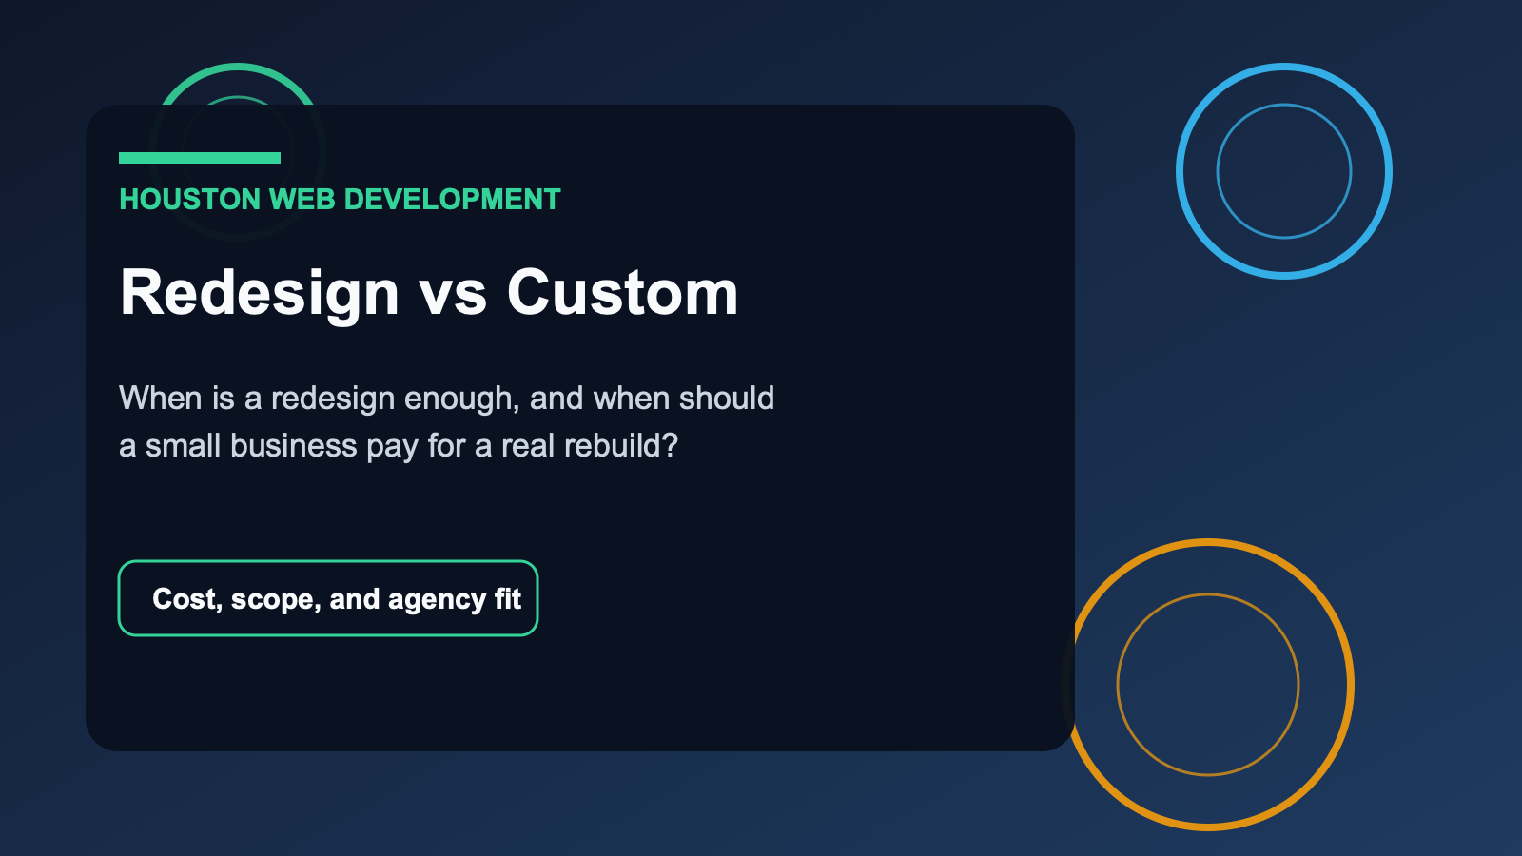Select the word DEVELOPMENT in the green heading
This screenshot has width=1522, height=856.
pos(453,200)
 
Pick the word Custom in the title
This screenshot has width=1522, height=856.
pos(622,293)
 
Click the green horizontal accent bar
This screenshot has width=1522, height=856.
pos(200,158)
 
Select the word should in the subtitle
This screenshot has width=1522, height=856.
pos(727,398)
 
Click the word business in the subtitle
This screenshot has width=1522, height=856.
pos(294,446)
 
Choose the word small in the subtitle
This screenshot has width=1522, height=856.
pos(183,446)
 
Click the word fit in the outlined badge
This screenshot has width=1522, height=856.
pos(508,598)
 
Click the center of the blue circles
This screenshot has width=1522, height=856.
pos(1284,171)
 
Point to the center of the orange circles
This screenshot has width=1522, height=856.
pos(1208,685)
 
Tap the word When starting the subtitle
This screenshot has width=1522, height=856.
pos(161,398)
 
